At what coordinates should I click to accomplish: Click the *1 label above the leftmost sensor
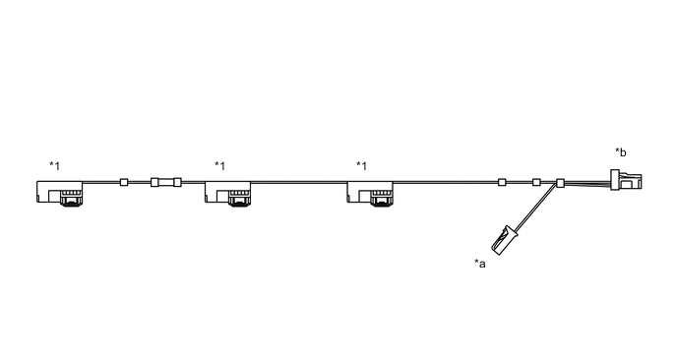54,166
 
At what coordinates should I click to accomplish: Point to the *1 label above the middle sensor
219,166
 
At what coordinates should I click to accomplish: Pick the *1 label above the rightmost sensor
361,166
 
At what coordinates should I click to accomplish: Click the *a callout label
479,262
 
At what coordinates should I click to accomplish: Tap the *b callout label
621,151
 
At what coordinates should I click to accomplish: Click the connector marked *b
626,182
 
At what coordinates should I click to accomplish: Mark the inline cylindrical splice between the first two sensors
164,182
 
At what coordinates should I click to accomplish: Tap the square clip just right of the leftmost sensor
124,182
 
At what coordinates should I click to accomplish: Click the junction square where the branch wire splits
561,183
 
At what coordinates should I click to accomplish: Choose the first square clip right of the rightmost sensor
502,182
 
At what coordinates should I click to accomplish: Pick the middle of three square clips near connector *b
536,182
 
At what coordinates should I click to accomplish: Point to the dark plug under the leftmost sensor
70,202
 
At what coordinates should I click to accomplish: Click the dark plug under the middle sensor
240,202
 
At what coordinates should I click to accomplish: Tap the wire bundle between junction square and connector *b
587,183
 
